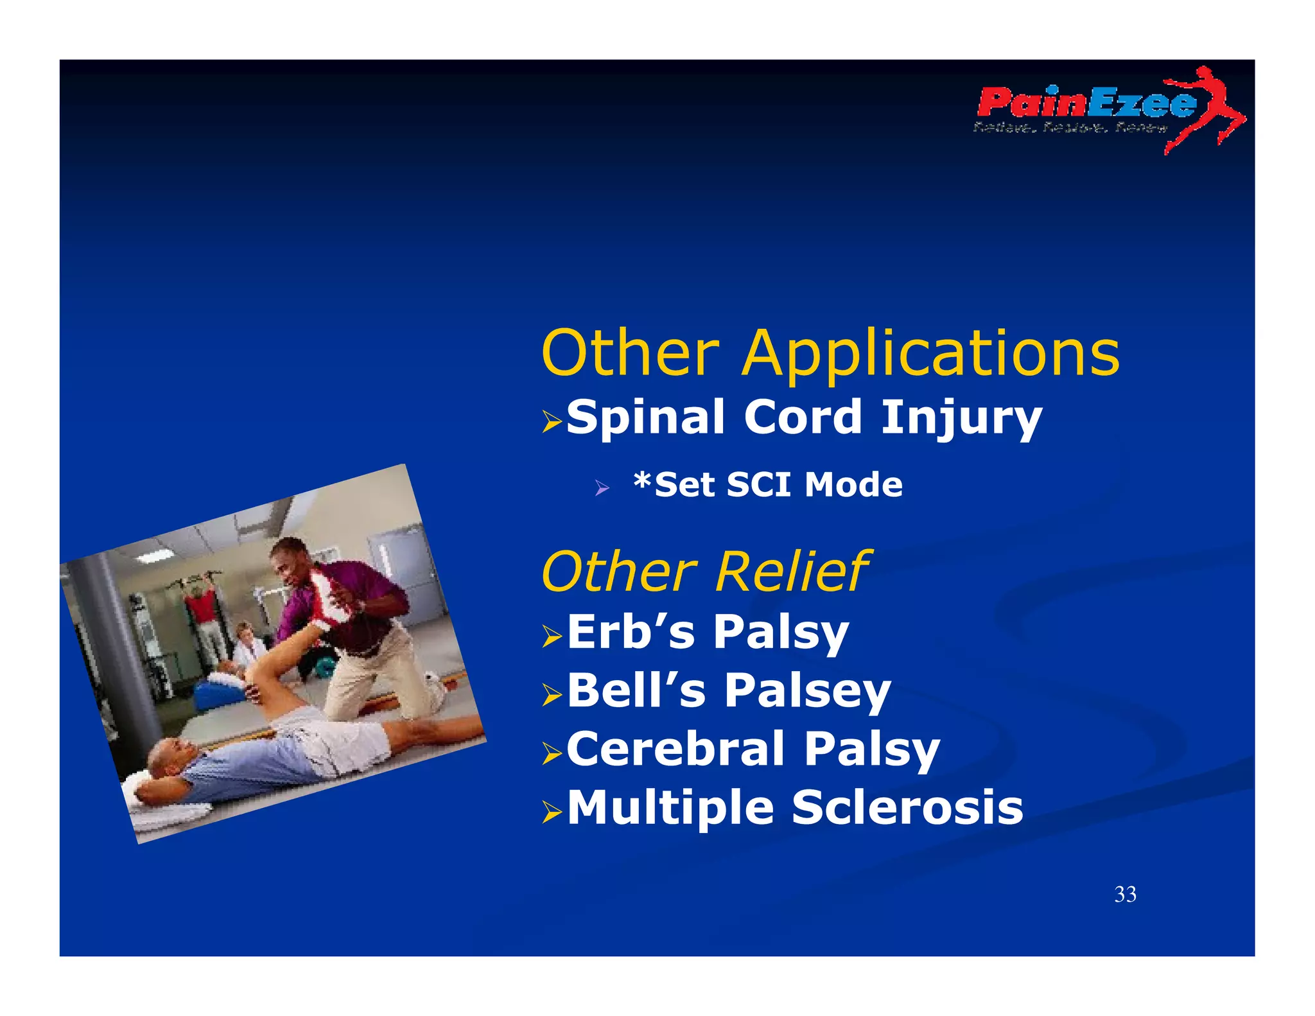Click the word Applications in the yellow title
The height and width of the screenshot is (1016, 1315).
click(x=931, y=355)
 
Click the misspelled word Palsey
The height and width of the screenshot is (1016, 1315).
click(x=807, y=692)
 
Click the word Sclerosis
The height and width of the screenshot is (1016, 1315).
click(x=907, y=808)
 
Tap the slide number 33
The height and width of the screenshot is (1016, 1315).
click(x=1125, y=895)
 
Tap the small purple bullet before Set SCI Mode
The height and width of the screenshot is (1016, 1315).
click(x=602, y=488)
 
